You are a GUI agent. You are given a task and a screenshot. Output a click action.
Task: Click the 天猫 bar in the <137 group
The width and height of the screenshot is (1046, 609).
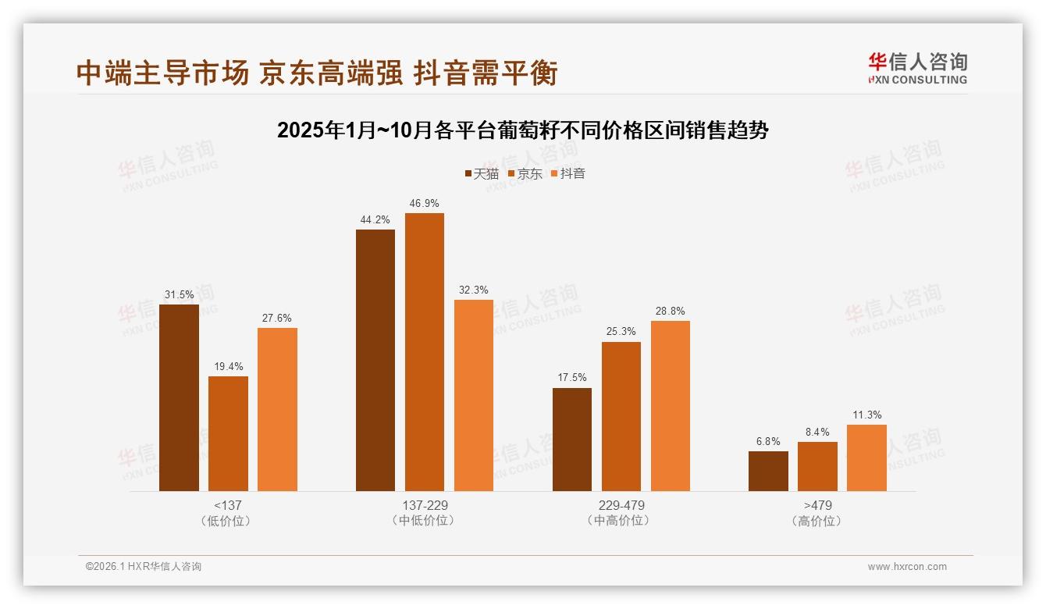(179, 397)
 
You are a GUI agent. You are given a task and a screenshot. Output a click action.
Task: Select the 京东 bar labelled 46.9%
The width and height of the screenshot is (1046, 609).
(424, 352)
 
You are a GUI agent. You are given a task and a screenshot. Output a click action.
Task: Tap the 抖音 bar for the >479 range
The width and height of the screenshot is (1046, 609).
(866, 458)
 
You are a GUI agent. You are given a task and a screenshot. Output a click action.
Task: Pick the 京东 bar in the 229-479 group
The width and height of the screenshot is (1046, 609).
(621, 416)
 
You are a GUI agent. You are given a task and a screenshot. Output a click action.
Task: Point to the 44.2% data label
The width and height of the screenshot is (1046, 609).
(375, 220)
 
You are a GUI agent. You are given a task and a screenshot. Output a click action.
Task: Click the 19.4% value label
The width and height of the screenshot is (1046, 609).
(228, 367)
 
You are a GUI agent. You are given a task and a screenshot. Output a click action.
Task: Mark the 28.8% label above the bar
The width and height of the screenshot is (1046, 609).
(670, 312)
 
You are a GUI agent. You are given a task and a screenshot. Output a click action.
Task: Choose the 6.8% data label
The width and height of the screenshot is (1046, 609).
(768, 442)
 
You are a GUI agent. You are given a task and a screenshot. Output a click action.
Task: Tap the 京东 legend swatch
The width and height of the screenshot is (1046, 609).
(511, 174)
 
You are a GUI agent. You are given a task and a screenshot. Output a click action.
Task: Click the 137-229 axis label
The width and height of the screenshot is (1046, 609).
(425, 505)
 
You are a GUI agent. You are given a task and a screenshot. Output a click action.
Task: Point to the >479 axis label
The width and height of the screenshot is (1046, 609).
(817, 505)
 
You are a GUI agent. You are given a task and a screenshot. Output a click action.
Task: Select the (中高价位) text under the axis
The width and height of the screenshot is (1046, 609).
(621, 521)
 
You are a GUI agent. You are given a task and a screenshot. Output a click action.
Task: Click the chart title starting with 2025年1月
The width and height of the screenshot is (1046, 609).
(523, 130)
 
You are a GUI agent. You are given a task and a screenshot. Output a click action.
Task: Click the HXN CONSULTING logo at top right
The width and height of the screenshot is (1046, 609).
(917, 69)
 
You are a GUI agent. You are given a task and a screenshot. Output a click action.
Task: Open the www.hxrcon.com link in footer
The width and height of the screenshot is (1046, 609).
(907, 567)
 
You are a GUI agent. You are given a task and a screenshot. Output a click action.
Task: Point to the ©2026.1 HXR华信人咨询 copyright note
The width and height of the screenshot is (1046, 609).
(144, 567)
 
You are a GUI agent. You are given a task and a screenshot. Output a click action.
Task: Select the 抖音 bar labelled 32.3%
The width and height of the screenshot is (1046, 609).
(474, 395)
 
